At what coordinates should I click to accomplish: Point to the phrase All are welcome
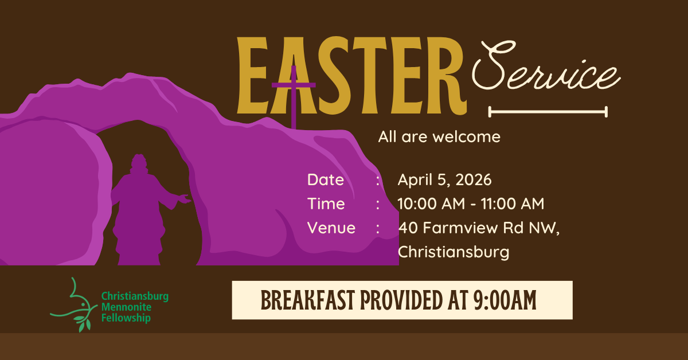pos(439,137)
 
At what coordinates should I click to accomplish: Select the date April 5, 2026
pos(444,179)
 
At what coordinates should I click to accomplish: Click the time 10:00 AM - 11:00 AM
pos(471,204)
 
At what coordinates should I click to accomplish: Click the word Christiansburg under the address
pos(453,252)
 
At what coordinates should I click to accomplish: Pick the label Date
pos(326,179)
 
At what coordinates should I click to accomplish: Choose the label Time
pos(326,204)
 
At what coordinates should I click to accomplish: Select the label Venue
pos(331,228)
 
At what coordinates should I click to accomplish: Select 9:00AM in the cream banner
pos(503,300)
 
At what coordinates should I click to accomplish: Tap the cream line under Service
pos(548,112)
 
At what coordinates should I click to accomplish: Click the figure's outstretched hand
pos(185,199)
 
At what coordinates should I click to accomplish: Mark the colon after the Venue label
pos(378,228)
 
